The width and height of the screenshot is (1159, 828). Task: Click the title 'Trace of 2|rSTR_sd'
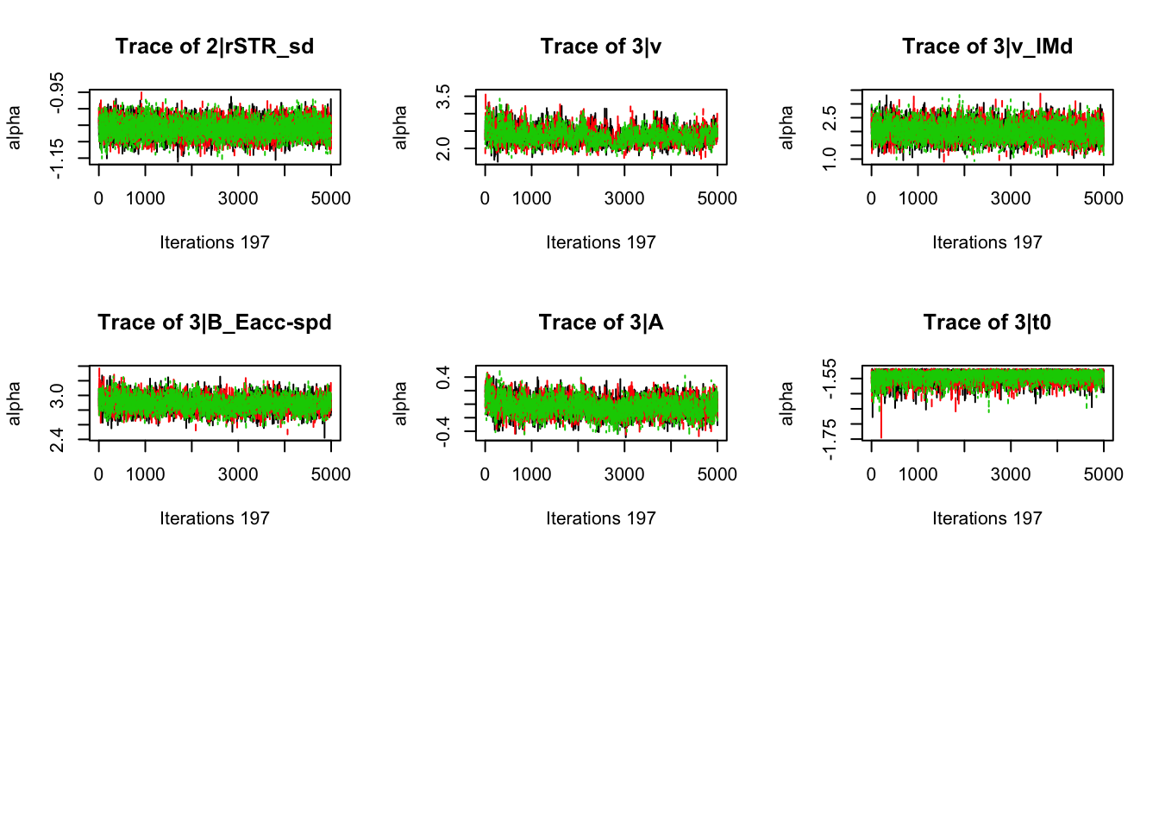[x=214, y=47]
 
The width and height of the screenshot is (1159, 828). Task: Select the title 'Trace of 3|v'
[x=600, y=47]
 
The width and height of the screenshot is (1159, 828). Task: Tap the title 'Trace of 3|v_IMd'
[x=987, y=47]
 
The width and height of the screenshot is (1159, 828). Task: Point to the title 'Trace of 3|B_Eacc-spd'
[x=214, y=323]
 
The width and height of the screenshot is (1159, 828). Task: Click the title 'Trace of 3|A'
[x=600, y=323]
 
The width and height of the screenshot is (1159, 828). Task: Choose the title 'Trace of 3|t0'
[x=987, y=323]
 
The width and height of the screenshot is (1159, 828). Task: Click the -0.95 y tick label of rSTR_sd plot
[x=57, y=92]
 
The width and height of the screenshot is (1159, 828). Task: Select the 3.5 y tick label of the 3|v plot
[x=443, y=97]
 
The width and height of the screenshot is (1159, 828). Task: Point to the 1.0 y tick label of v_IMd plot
[x=830, y=159]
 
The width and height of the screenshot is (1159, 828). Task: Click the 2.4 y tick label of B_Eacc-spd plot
[x=57, y=439]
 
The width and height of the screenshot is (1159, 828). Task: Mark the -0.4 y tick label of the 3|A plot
[x=443, y=429]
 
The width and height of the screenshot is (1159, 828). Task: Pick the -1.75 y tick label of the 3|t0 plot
[x=830, y=439]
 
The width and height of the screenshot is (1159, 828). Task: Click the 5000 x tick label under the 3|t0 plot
[x=1103, y=474]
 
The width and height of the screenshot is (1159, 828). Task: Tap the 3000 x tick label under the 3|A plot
[x=623, y=474]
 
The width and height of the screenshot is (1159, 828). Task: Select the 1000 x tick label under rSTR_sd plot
[x=145, y=198]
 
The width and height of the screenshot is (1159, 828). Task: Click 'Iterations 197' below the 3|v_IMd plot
[x=987, y=242]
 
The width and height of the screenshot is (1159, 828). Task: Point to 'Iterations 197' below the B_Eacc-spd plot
[x=214, y=518]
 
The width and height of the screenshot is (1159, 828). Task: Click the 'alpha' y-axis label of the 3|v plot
[x=400, y=127]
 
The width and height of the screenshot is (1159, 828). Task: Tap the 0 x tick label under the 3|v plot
[x=485, y=198]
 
